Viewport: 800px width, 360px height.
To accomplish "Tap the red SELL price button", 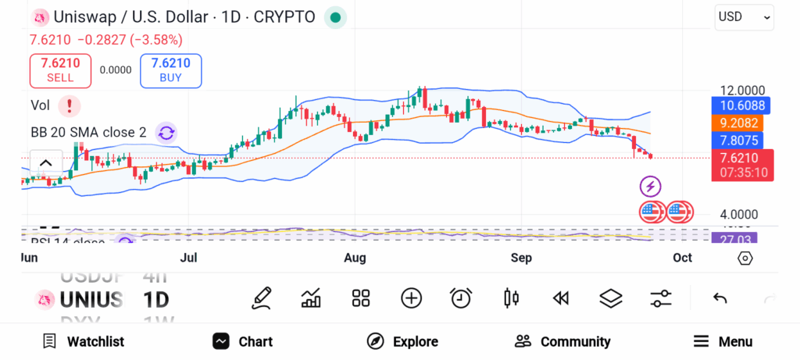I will coord(60,70).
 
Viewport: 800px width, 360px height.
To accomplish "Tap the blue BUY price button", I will coord(170,70).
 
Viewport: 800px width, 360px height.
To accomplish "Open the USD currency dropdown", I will coord(744,16).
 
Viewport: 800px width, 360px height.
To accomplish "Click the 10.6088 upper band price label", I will coord(742,105).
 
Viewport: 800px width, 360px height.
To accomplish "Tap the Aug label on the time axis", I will coord(355,258).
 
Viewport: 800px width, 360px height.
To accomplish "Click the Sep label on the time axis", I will coord(521,258).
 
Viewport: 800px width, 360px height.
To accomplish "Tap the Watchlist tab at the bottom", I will coord(83,341).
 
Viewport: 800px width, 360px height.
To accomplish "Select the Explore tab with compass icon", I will coord(403,341).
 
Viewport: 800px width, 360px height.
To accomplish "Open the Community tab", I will coord(562,341).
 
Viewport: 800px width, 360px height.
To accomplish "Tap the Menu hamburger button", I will coord(723,341).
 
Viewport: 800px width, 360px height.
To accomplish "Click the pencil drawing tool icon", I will coord(262,298).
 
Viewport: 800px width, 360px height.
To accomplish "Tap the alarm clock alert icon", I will coord(461,298).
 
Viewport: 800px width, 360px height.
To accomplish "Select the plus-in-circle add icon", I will coord(411,298).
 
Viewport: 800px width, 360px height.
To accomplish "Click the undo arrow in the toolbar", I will coord(720,298).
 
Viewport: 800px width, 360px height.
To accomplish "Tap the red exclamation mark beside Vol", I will coord(70,105).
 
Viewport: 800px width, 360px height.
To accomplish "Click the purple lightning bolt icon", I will coord(651,186).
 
